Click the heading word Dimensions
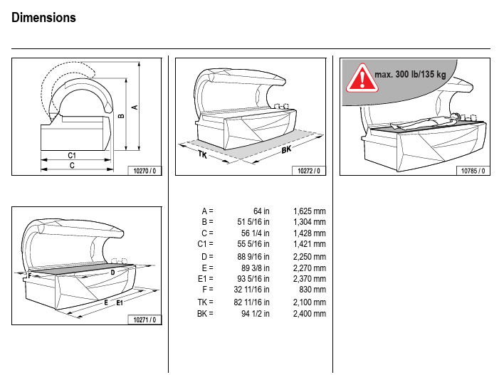[44, 18]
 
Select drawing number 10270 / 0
[146, 171]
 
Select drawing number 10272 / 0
[310, 171]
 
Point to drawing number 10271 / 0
[146, 320]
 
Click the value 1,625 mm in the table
[309, 211]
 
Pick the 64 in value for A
[261, 211]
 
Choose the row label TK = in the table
[205, 302]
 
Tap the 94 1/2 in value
[256, 313]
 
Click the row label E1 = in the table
[205, 279]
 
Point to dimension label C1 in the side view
[72, 154]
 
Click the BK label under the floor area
[286, 150]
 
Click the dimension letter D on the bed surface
[112, 272]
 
